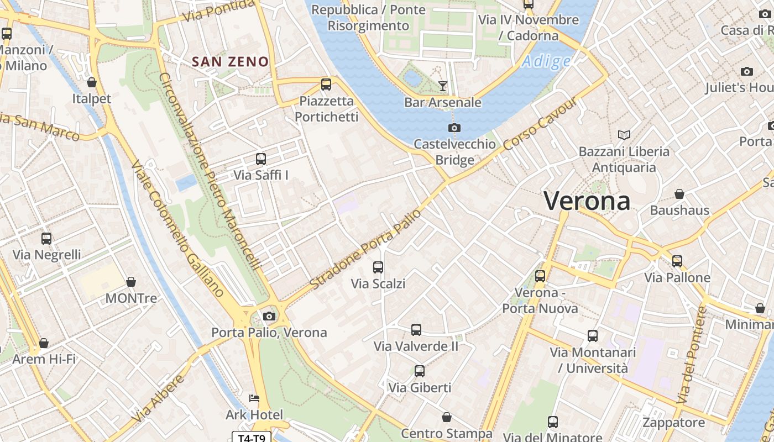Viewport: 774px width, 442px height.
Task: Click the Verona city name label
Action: [x=587, y=201]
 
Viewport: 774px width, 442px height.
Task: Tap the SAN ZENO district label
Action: [x=230, y=61]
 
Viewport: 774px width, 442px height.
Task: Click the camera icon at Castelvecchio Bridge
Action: [x=454, y=128]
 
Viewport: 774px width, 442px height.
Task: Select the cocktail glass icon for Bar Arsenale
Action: [x=442, y=86]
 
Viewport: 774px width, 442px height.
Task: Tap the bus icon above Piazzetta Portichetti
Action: [x=326, y=85]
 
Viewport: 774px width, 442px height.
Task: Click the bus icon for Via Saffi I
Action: [x=261, y=159]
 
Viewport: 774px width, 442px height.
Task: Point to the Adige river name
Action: [x=546, y=61]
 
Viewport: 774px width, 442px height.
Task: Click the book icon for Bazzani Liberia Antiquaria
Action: [x=624, y=135]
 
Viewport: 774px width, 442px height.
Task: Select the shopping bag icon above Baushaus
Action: [x=679, y=194]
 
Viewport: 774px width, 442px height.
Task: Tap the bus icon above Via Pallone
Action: [x=677, y=261]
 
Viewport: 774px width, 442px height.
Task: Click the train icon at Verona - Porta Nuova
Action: [x=540, y=276]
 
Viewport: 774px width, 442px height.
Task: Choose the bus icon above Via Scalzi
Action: [x=378, y=267]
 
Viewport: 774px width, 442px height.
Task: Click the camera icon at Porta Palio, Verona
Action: [x=269, y=316]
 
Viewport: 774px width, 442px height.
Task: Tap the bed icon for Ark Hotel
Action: [x=254, y=398]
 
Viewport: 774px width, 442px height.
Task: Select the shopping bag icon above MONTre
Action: [x=131, y=282]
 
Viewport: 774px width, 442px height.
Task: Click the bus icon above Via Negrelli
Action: [x=46, y=239]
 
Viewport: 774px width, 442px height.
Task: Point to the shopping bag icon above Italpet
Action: [x=92, y=82]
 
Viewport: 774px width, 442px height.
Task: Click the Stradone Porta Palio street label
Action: [x=365, y=249]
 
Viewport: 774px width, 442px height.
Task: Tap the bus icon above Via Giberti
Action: [x=420, y=371]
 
